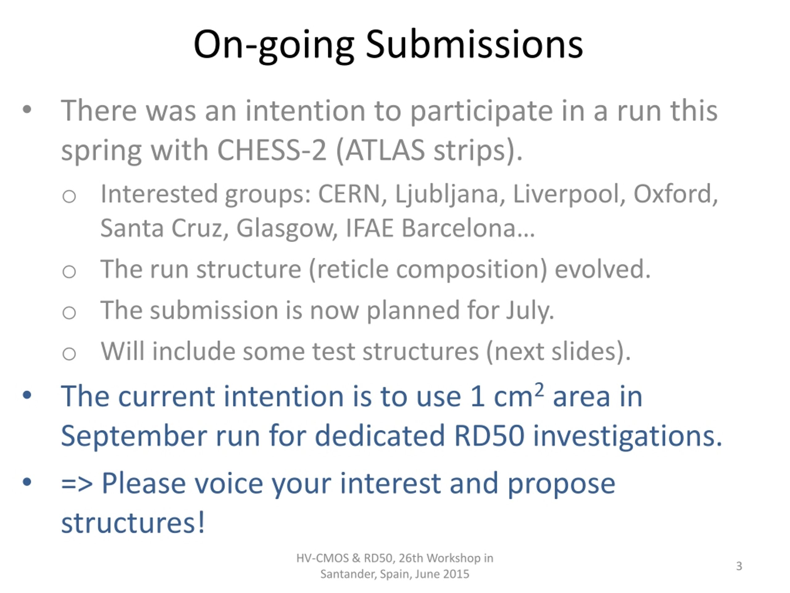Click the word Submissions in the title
[x=474, y=45]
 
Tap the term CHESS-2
[x=272, y=150]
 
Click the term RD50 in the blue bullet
[x=489, y=436]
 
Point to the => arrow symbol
[x=77, y=484]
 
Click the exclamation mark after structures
[x=202, y=522]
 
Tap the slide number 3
[x=739, y=566]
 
